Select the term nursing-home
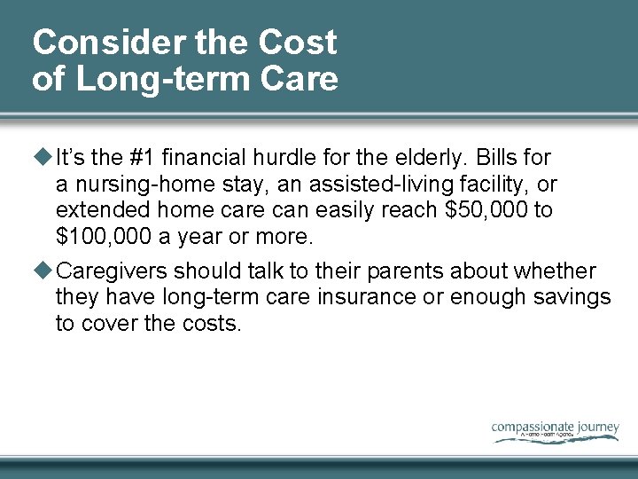click(135, 185)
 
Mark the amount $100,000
click(98, 237)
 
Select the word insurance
click(361, 297)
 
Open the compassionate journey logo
click(555, 429)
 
